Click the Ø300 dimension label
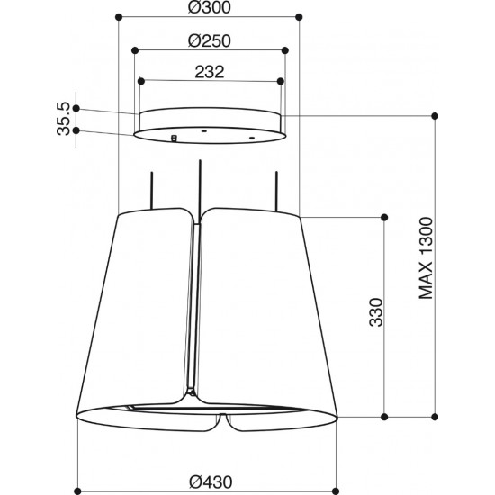[210, 7]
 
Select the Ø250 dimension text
[210, 41]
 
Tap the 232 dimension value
[210, 72]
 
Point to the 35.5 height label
[64, 119]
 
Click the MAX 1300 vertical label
[426, 257]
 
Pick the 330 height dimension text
[376, 312]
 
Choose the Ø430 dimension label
[211, 481]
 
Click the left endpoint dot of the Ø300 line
[119, 17]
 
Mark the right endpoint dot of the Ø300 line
[299, 17]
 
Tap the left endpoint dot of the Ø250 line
[135, 50]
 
